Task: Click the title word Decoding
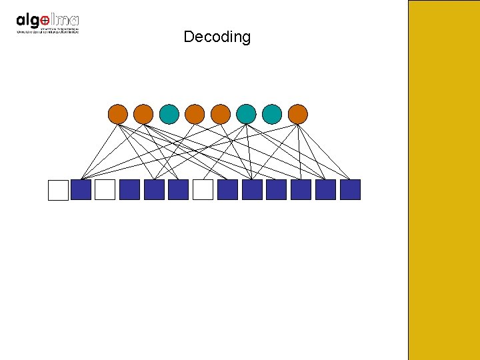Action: tap(217, 37)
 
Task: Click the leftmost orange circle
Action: tap(117, 114)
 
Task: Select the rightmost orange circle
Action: tap(298, 114)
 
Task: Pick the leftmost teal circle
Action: tap(169, 114)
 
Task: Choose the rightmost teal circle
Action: tap(272, 114)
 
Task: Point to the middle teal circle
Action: tap(246, 114)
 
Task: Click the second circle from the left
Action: tap(143, 114)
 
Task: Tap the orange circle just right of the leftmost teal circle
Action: tap(195, 114)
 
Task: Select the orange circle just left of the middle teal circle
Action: tap(221, 114)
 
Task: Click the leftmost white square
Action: tap(59, 190)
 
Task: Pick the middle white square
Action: tap(105, 190)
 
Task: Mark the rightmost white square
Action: tap(203, 190)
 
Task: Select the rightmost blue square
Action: tap(350, 190)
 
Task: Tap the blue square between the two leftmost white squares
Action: tap(81, 190)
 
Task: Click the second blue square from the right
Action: tap(325, 190)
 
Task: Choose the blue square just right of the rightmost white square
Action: tap(227, 190)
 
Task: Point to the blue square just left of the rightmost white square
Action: tap(178, 190)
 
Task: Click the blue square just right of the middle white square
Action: tap(129, 190)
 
